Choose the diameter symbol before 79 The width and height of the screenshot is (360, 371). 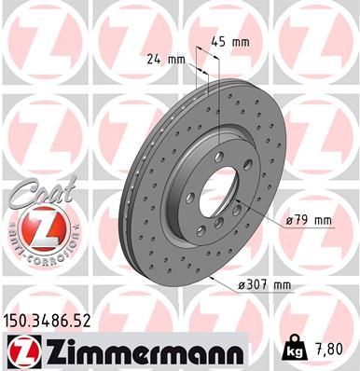pyautogui.click(x=288, y=220)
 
